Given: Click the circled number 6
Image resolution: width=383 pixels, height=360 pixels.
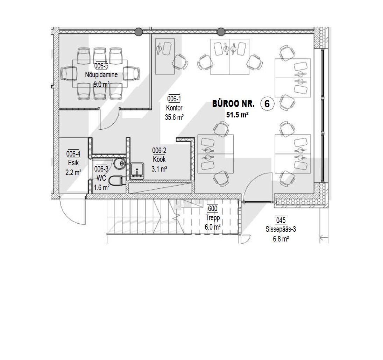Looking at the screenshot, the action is pyautogui.click(x=267, y=104).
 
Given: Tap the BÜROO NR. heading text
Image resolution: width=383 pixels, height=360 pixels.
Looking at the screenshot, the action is pyautogui.click(x=233, y=104).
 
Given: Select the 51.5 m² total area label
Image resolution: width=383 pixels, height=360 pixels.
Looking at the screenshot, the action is pyautogui.click(x=237, y=115).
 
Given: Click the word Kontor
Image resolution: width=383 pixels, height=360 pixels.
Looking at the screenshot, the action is pyautogui.click(x=174, y=108).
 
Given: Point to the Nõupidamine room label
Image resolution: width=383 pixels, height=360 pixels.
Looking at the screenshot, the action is pyautogui.click(x=101, y=75).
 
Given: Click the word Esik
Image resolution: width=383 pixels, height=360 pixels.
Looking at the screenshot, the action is pyautogui.click(x=73, y=163).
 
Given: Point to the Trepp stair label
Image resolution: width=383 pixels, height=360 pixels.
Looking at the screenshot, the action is pyautogui.click(x=213, y=218).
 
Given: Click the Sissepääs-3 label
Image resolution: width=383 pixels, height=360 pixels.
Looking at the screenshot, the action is pyautogui.click(x=281, y=229).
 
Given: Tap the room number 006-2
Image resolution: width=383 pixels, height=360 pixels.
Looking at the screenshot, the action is pyautogui.click(x=159, y=151).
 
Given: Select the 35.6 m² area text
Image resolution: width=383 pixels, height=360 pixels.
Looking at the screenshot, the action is pyautogui.click(x=174, y=117).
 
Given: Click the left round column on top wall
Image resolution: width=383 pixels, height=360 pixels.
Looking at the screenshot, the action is pyautogui.click(x=139, y=31).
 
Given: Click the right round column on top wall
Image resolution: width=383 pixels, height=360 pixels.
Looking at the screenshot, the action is pyautogui.click(x=221, y=31).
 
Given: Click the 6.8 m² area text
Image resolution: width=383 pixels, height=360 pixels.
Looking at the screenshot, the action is pyautogui.click(x=281, y=239).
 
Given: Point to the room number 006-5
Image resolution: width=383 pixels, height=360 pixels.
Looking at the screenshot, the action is pyautogui.click(x=101, y=66).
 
